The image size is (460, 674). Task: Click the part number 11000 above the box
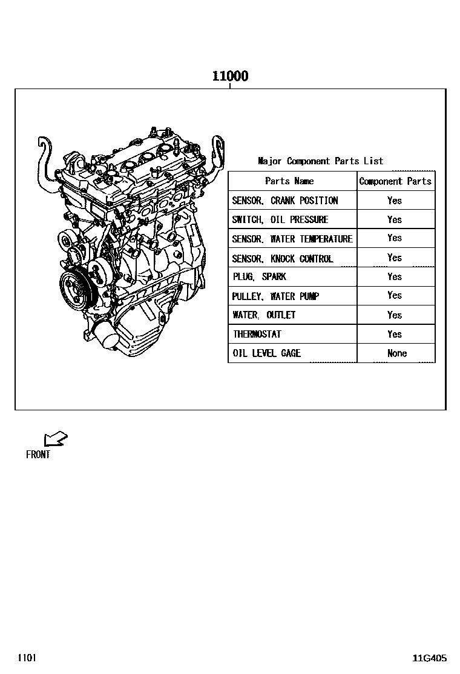(x=231, y=76)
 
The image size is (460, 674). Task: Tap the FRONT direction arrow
(x=55, y=438)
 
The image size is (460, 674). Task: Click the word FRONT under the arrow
(x=38, y=455)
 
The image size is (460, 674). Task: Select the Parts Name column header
(x=289, y=181)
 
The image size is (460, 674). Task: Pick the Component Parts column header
(x=395, y=181)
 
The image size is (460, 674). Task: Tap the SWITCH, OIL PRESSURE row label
(x=280, y=219)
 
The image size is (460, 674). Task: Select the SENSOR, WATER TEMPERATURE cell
(x=292, y=239)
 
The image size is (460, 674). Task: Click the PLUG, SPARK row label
(x=259, y=276)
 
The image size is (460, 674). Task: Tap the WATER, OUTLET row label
(x=264, y=315)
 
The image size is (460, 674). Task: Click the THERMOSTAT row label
(x=257, y=334)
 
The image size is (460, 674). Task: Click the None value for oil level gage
(x=397, y=353)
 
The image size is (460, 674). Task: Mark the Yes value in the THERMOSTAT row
(x=395, y=334)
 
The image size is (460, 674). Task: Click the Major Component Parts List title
(x=321, y=161)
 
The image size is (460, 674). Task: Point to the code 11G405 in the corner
(x=430, y=658)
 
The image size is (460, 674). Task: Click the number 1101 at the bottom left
(x=27, y=657)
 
